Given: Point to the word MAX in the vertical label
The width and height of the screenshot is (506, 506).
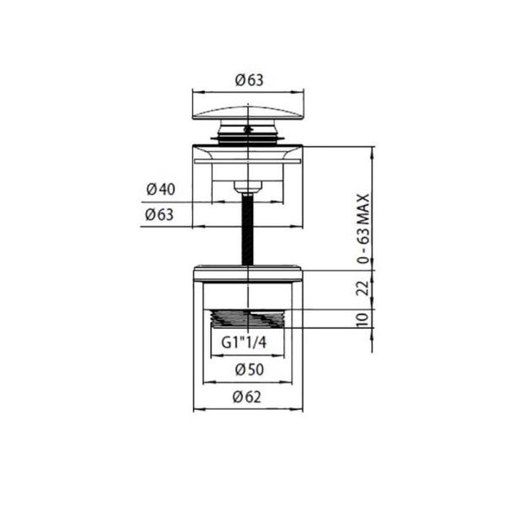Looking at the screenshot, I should point(364,209).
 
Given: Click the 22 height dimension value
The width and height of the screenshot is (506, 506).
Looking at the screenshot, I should point(364,288).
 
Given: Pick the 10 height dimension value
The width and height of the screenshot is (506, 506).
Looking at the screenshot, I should point(364,319).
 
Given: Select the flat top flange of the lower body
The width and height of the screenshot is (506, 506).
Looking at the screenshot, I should point(248,271).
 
